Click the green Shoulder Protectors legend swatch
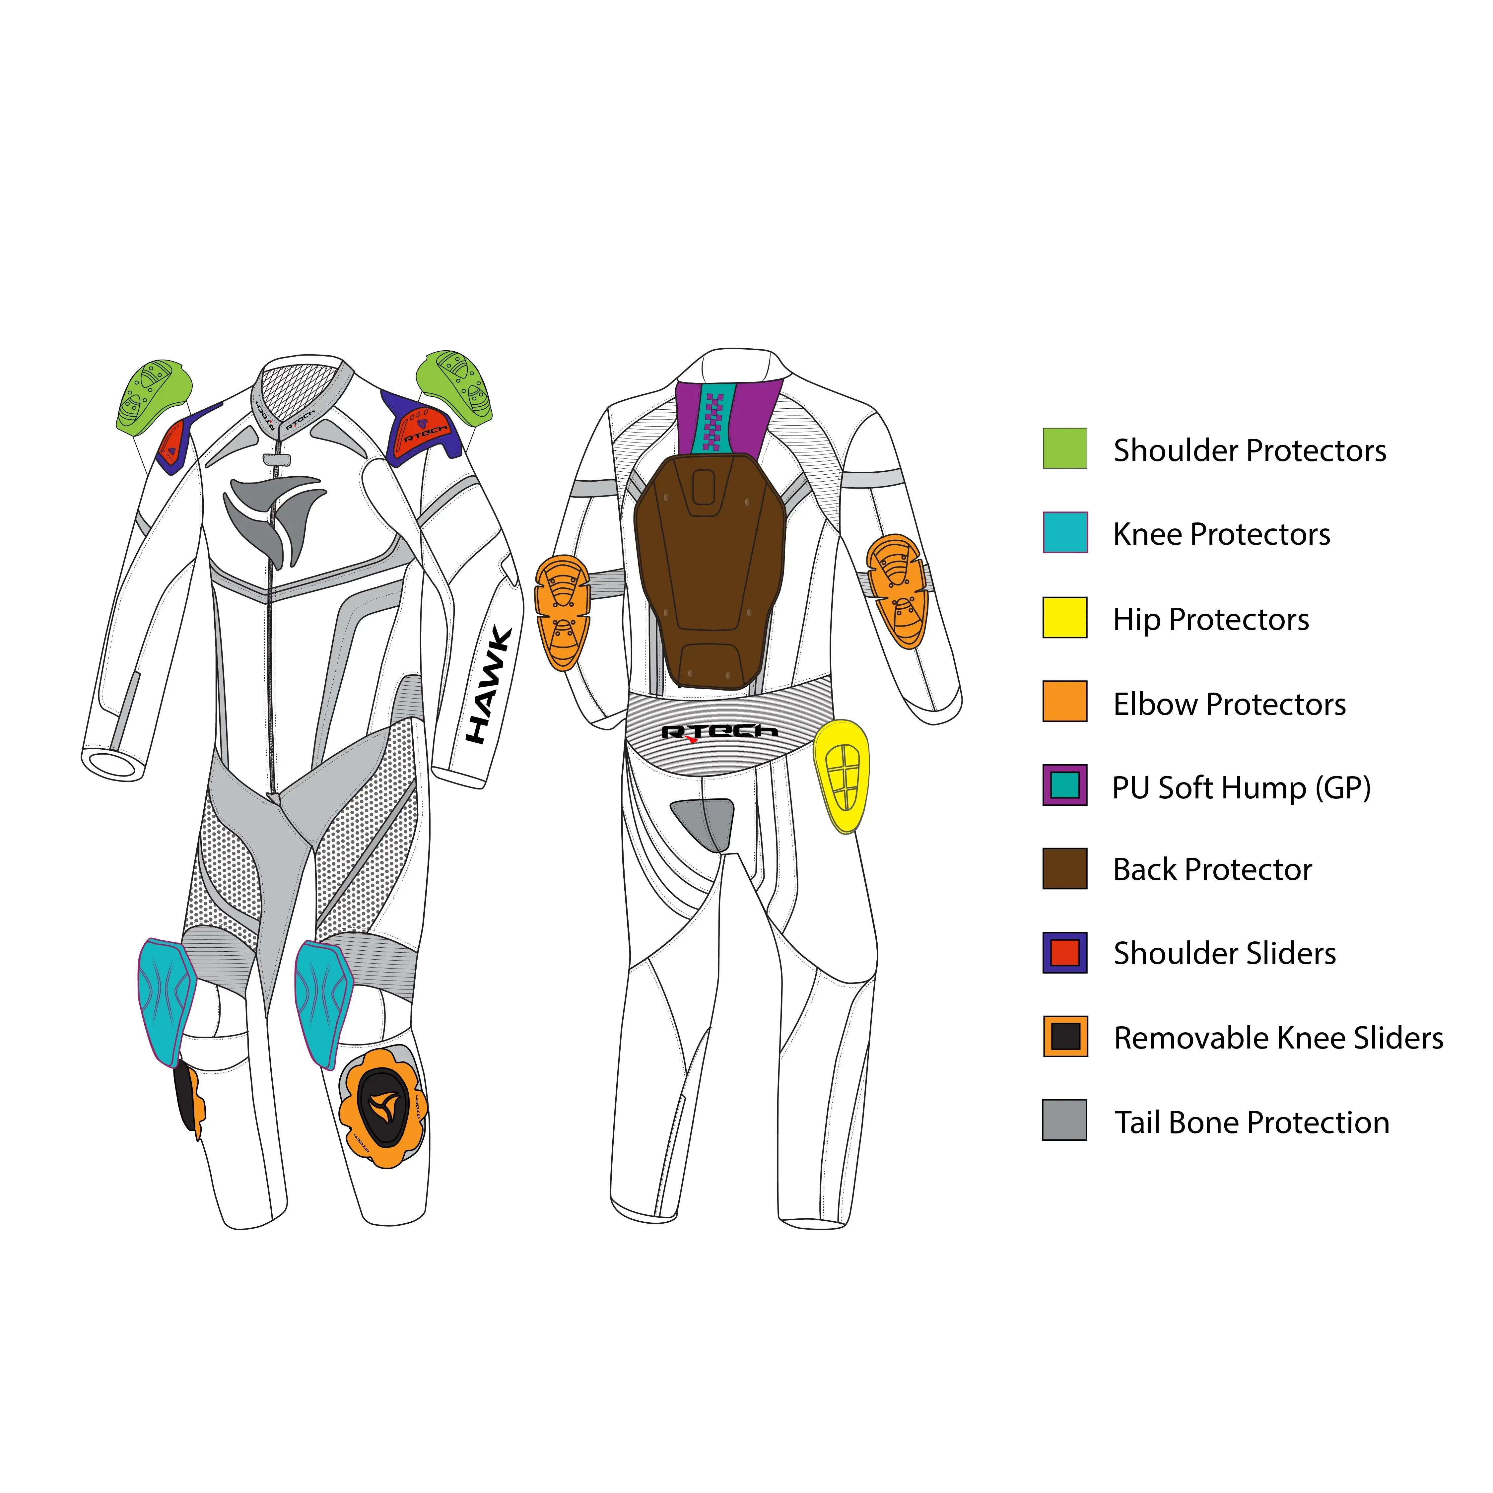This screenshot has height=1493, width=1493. [x=1065, y=448]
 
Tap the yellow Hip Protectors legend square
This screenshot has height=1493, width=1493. [x=1065, y=617]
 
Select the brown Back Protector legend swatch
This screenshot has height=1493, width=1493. [x=1065, y=869]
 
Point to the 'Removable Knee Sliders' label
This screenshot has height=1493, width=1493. [x=1278, y=1038]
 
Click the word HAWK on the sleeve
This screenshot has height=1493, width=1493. [x=488, y=685]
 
